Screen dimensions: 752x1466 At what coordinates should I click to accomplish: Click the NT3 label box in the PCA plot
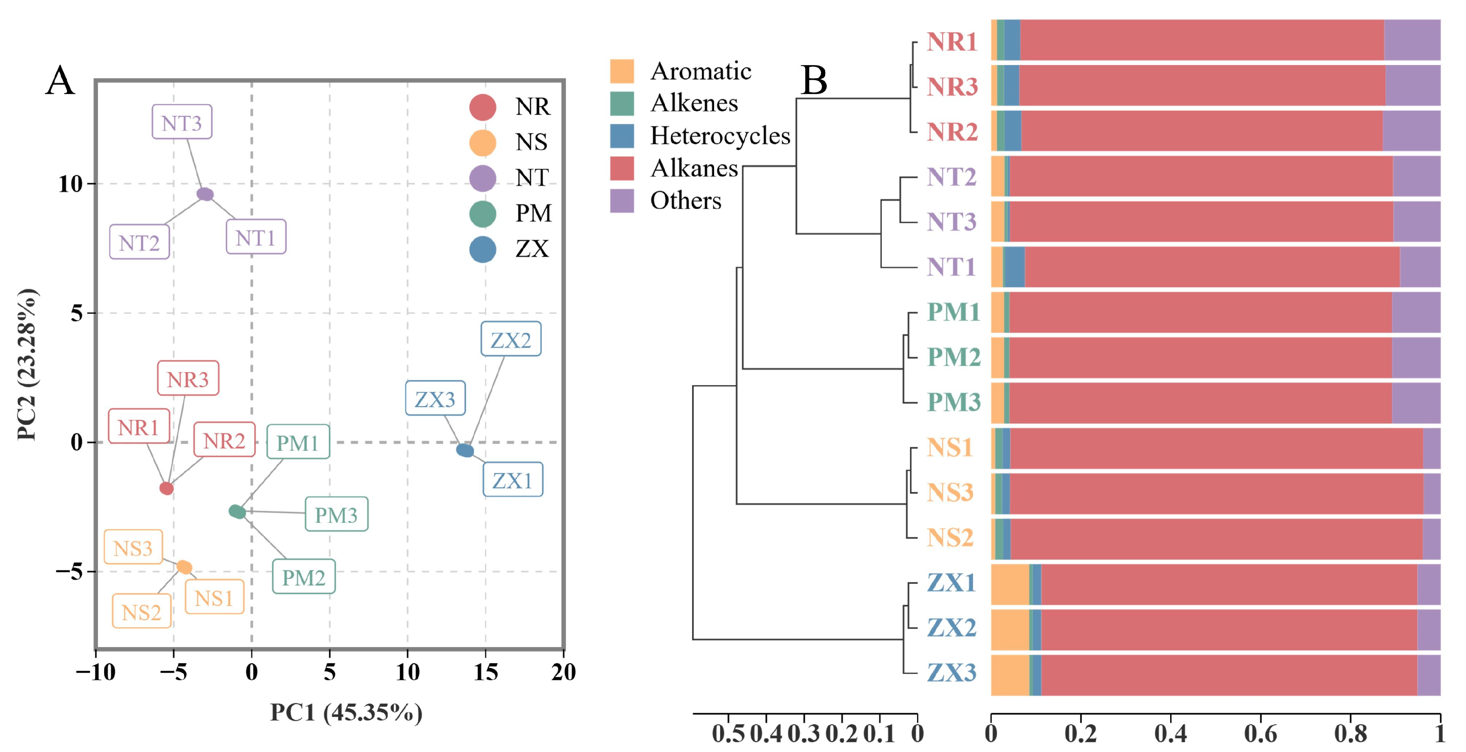(182, 122)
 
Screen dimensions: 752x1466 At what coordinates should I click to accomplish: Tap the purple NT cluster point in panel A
(205, 194)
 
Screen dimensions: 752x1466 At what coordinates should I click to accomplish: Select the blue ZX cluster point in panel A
(465, 450)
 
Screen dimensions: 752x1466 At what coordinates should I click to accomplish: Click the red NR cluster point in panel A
(166, 488)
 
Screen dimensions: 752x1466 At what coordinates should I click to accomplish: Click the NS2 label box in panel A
(142, 611)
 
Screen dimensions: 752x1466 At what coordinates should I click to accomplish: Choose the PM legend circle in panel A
(482, 213)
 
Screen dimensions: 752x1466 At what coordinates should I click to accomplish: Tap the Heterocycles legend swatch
(621, 136)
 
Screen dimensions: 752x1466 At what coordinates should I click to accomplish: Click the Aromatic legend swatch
(621, 71)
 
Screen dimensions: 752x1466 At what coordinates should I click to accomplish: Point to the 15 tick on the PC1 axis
(486, 672)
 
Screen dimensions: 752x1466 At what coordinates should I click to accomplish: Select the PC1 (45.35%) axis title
(346, 712)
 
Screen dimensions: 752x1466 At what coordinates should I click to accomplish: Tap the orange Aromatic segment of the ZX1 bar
(1010, 584)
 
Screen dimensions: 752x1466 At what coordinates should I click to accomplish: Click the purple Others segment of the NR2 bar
(1411, 131)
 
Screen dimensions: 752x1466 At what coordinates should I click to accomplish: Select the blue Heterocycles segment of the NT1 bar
(1014, 267)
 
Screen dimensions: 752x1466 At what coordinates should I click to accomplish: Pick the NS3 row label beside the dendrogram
(950, 492)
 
